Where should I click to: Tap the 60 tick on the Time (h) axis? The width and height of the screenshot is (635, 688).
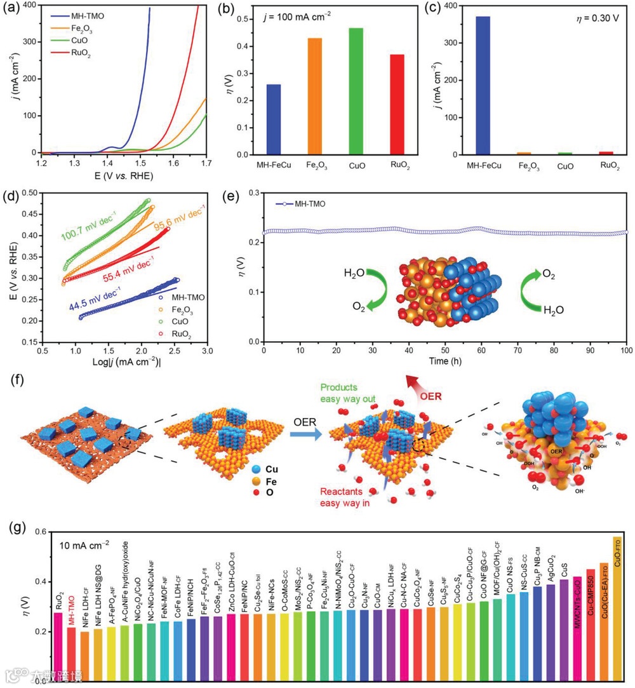click(x=482, y=351)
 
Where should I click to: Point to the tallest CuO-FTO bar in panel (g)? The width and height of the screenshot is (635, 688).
click(x=617, y=609)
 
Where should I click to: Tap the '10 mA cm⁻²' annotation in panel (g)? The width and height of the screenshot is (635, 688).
click(x=84, y=544)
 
